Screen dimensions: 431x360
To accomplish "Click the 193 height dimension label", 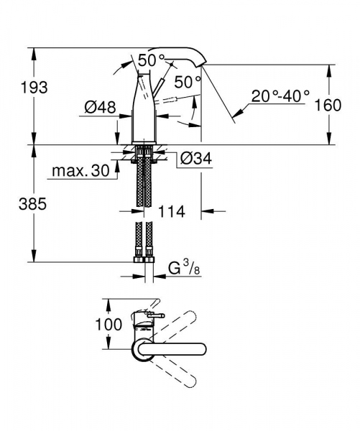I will tap(33, 88).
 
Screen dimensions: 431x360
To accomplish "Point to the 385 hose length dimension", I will tap(33, 204).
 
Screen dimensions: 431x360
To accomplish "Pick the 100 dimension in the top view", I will tap(109, 325).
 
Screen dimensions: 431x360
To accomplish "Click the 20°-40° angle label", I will tap(280, 94).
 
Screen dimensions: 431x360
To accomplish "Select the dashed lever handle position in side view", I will tap(175, 96).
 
